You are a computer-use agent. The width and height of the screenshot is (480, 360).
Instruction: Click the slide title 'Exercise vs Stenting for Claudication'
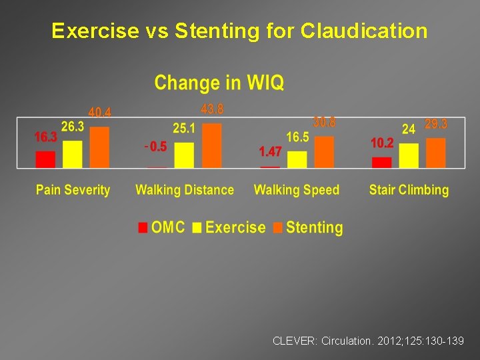click(239, 31)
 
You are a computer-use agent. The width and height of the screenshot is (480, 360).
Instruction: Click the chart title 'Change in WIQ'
click(219, 83)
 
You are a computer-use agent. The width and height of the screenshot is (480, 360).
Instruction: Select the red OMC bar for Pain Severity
click(45, 159)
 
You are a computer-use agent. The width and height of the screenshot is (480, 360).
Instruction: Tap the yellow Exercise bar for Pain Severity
click(72, 154)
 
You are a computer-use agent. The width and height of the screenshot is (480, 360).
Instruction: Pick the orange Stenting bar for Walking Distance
click(211, 145)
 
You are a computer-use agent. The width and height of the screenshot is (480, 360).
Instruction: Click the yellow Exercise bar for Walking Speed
click(297, 159)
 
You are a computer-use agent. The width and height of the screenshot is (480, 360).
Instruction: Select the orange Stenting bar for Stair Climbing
click(435, 153)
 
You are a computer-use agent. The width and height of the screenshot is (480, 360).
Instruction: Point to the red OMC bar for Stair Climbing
click(382, 162)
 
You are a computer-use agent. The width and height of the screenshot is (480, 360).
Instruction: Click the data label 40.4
click(100, 113)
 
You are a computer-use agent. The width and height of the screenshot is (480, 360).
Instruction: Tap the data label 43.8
click(212, 109)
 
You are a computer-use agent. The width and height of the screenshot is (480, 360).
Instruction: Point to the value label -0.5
click(155, 147)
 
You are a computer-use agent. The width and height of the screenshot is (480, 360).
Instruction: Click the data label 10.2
click(382, 143)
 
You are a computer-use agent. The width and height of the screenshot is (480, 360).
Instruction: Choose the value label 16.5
click(297, 137)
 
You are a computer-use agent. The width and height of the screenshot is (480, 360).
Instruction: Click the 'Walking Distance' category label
click(185, 190)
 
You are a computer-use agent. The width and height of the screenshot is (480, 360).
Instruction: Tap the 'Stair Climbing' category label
click(409, 190)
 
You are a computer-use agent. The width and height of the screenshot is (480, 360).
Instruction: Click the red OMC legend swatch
click(143, 228)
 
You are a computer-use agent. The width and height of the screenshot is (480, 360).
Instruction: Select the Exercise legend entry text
click(235, 227)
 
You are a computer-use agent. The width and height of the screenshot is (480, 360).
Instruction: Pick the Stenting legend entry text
click(314, 227)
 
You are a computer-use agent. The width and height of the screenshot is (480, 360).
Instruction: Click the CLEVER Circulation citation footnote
click(368, 341)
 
